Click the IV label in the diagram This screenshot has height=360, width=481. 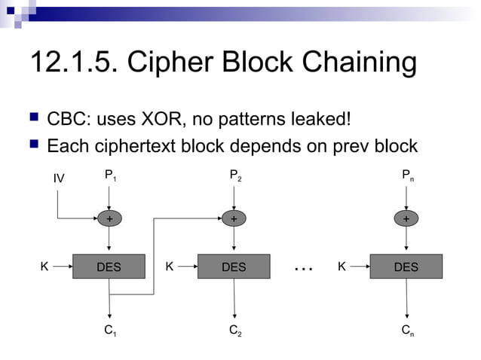(59, 178)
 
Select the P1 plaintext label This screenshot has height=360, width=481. (110, 176)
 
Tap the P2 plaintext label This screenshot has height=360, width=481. (235, 176)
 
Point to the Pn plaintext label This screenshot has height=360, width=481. (407, 176)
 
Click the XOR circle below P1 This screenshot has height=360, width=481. (110, 218)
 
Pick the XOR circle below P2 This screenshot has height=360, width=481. (234, 218)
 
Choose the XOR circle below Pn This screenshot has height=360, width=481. (407, 218)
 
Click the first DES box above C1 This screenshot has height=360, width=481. (109, 267)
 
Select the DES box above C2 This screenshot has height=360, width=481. (234, 267)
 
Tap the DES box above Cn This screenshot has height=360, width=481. (406, 267)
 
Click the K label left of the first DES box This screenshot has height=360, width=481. (44, 266)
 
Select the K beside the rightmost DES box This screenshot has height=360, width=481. (342, 266)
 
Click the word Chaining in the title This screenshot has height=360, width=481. (357, 63)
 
